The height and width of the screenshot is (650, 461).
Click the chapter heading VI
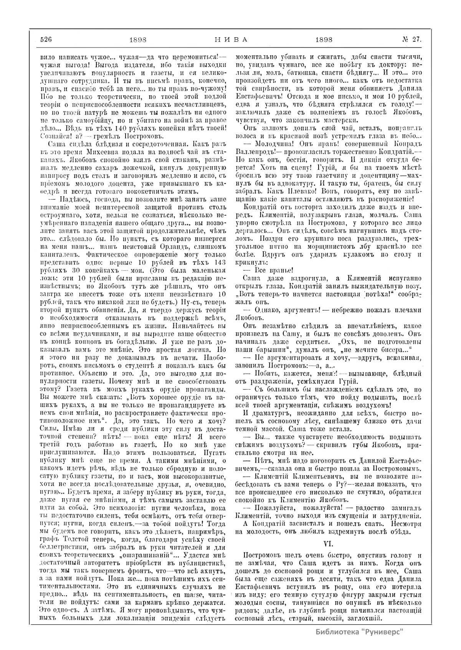coord(329,544)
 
